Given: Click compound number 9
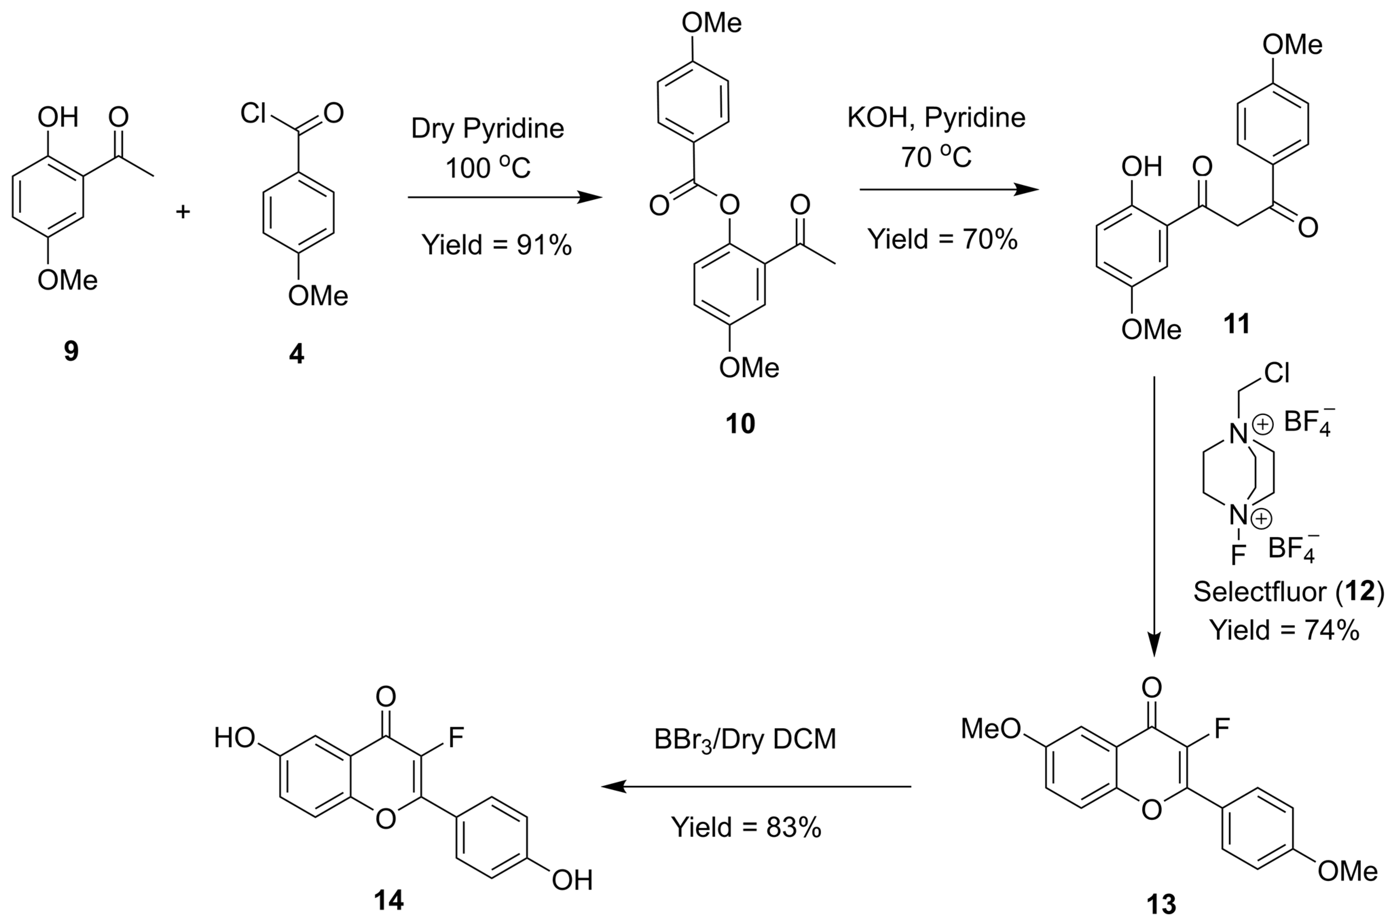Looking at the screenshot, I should tap(71, 352).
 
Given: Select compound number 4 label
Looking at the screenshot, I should tap(297, 354).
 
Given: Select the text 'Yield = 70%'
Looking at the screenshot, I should tap(942, 239).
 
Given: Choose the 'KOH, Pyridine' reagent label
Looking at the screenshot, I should tap(936, 118).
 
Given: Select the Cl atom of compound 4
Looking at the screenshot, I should tap(253, 112).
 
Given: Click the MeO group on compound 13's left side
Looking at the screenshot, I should tap(991, 729).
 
